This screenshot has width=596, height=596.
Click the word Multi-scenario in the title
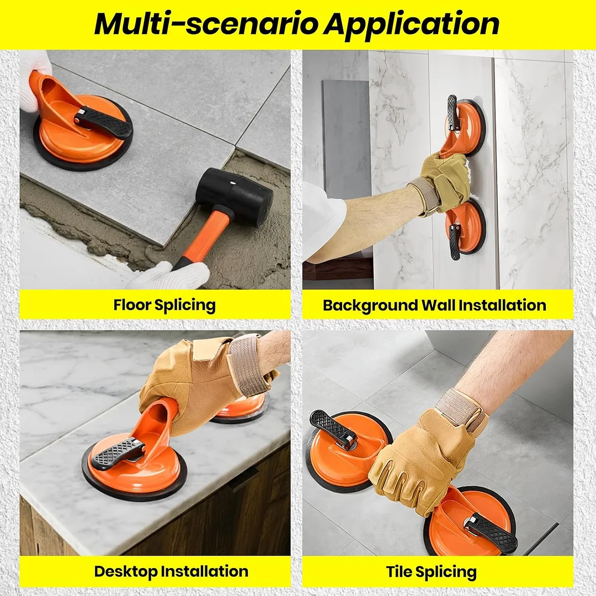(x=206, y=24)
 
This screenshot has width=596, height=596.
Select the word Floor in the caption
(x=132, y=305)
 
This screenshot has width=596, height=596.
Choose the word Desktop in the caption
(x=125, y=572)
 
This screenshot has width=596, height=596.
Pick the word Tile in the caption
(x=398, y=572)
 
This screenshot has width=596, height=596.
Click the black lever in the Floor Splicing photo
(x=103, y=121)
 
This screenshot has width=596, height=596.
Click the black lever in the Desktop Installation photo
(x=118, y=453)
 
